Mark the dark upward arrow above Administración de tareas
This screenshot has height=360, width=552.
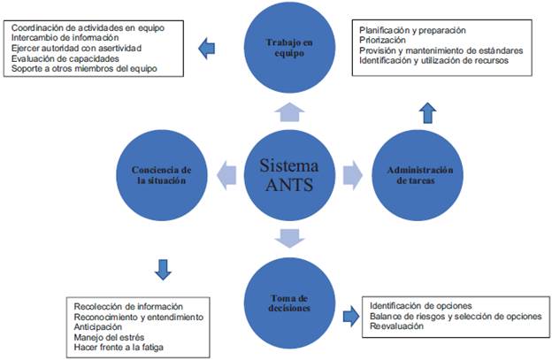pyautogui.click(x=427, y=111)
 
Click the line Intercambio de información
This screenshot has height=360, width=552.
pyautogui.click(x=65, y=37)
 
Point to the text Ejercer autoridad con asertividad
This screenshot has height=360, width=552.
pyautogui.click(x=78, y=48)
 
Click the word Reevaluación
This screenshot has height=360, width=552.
pyautogui.click(x=396, y=326)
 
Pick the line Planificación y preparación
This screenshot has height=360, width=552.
pyautogui.click(x=413, y=29)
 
